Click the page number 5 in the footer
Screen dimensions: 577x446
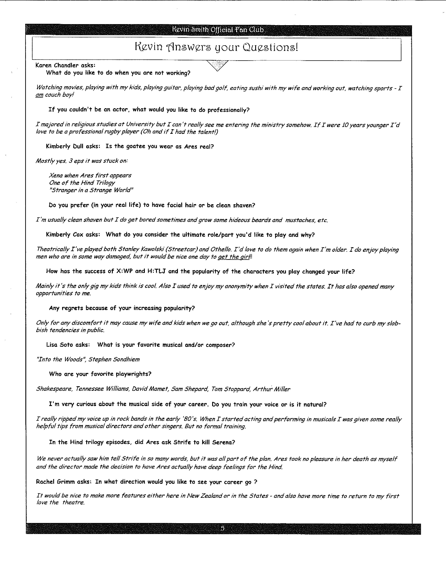tap(222, 528)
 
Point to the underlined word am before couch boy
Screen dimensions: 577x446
tap(39, 95)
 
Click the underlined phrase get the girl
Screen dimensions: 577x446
tap(233, 257)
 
